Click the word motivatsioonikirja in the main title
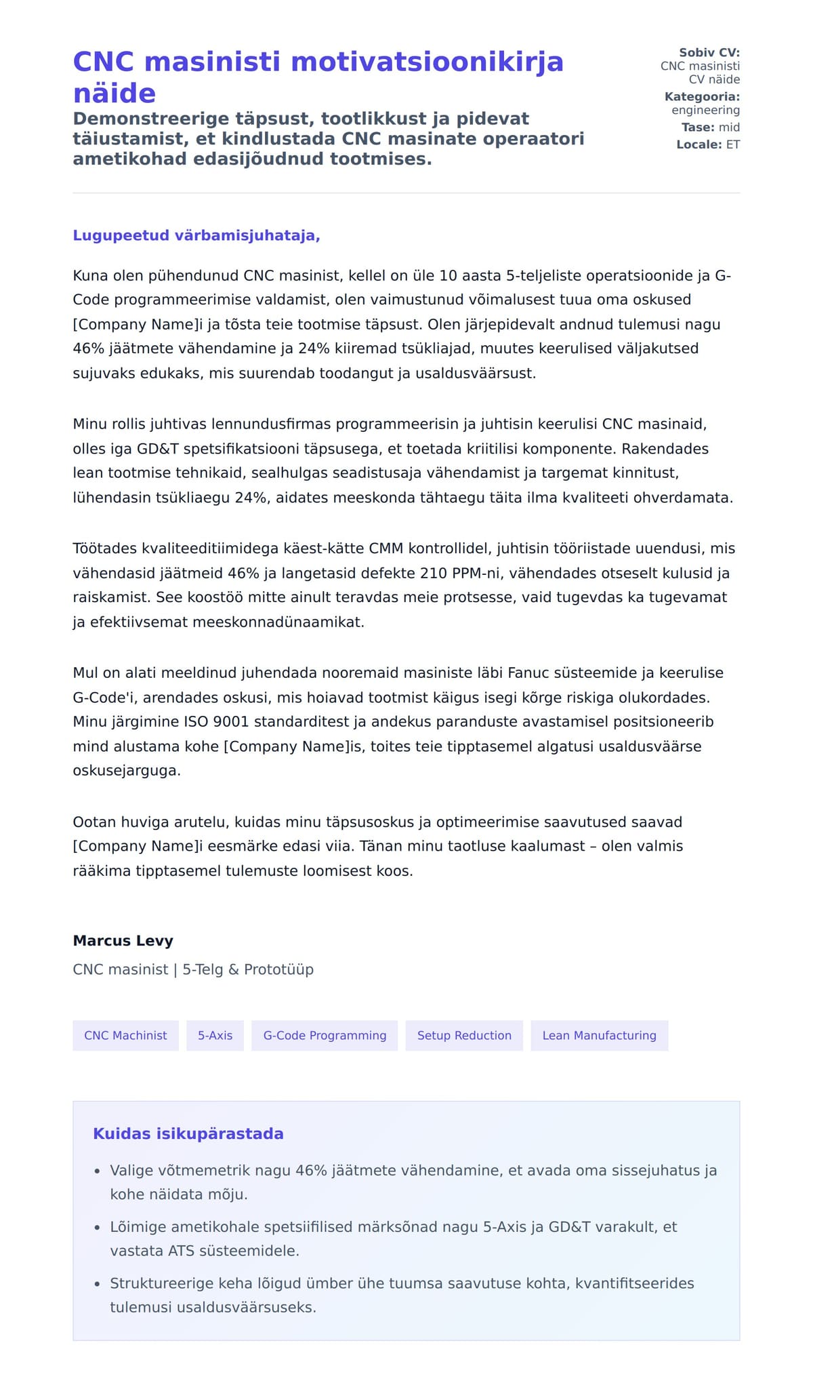click(x=427, y=62)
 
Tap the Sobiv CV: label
click(x=709, y=53)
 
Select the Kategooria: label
click(x=702, y=97)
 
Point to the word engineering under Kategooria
click(x=705, y=110)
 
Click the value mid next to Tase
click(x=729, y=127)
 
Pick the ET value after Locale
click(x=732, y=144)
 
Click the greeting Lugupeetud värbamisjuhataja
click(x=196, y=235)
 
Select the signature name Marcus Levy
click(x=123, y=940)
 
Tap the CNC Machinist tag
click(x=125, y=1035)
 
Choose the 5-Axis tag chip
click(x=215, y=1035)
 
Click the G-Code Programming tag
click(x=325, y=1035)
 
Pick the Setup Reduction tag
click(x=464, y=1035)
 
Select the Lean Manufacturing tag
click(x=599, y=1035)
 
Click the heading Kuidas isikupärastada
click(x=188, y=1133)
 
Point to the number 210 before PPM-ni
click(x=433, y=573)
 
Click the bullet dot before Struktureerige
click(x=98, y=1284)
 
